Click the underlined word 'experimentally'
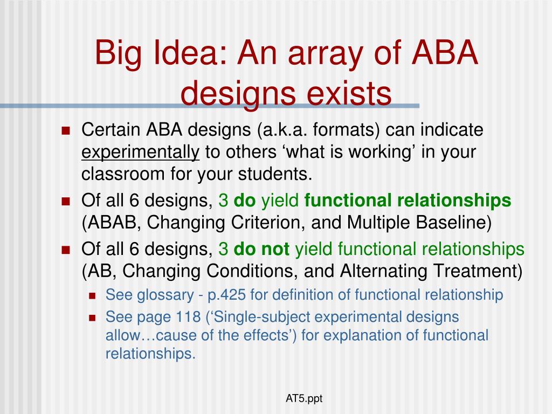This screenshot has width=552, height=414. click(x=140, y=153)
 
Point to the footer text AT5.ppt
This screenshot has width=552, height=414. click(x=304, y=399)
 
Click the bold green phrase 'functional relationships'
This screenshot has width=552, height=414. click(x=408, y=201)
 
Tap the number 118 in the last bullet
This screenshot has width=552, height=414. click(x=189, y=316)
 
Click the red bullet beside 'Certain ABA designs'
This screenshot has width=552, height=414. click(x=66, y=131)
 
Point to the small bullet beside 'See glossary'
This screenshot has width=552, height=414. click(x=92, y=295)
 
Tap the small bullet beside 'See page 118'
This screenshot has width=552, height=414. click(x=92, y=317)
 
